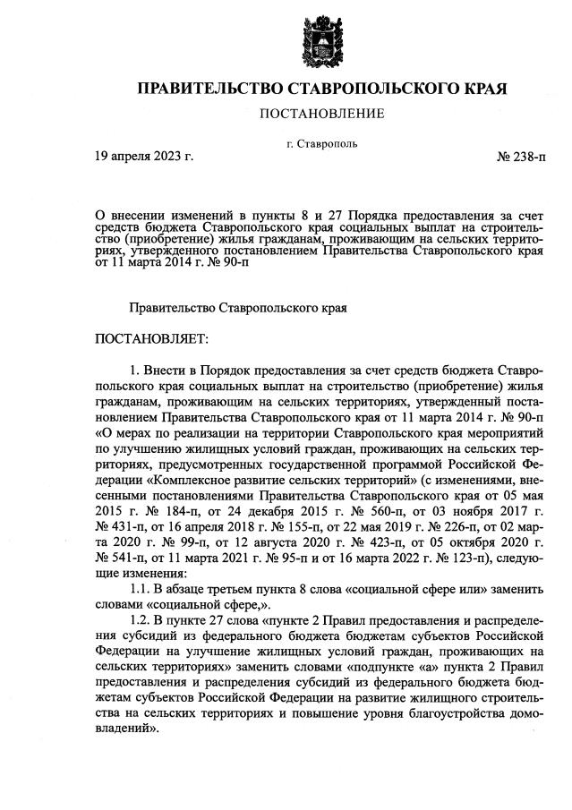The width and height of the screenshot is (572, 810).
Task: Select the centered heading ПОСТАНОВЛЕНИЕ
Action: click(321, 114)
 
